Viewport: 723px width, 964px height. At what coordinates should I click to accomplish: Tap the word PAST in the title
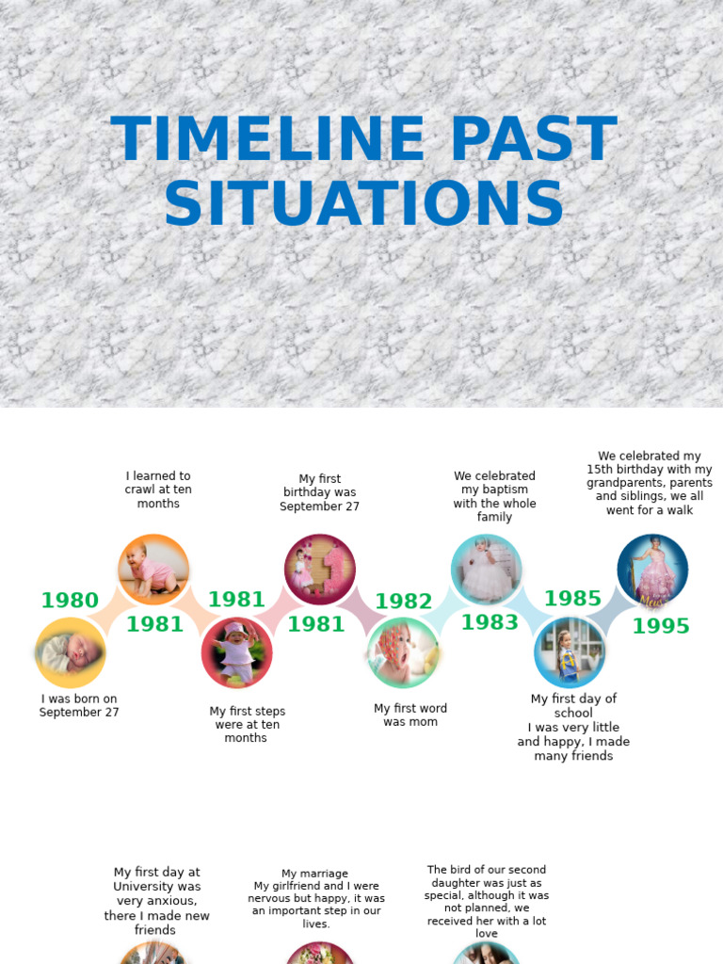click(534, 139)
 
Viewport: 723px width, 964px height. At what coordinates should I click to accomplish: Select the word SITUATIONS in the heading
click(363, 203)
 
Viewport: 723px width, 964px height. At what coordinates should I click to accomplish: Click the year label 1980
click(70, 601)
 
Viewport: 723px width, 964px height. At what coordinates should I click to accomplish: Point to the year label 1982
click(404, 602)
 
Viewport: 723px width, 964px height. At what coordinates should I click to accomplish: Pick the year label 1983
click(490, 622)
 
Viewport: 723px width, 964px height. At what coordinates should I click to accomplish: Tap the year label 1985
click(572, 599)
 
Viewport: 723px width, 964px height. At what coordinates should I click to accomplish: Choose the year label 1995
click(661, 626)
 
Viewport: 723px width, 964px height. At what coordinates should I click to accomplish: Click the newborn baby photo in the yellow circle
click(71, 652)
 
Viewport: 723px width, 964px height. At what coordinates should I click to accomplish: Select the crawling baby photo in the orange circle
click(153, 570)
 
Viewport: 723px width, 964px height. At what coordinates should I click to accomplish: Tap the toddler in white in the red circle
click(236, 652)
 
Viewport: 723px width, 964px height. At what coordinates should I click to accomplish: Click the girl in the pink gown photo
click(652, 570)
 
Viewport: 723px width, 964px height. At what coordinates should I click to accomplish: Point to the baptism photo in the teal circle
click(486, 570)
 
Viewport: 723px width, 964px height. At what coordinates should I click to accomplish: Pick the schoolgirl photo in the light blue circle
click(569, 652)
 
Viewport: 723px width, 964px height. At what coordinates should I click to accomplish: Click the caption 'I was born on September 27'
click(79, 706)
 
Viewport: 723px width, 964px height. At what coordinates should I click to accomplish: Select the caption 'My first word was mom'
click(410, 715)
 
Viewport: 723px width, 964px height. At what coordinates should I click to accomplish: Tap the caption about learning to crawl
click(158, 490)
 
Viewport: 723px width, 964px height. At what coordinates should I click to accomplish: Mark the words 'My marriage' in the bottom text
click(314, 874)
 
